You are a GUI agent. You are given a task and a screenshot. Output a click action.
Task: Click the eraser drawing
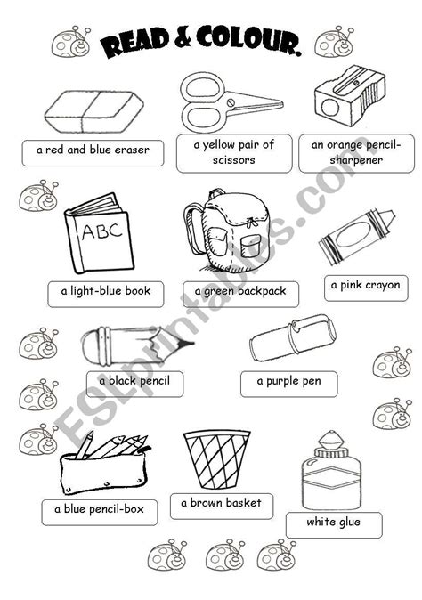click(x=93, y=114)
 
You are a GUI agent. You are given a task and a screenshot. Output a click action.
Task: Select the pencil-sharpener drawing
click(x=351, y=100)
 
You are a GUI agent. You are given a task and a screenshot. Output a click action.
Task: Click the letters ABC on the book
click(x=99, y=233)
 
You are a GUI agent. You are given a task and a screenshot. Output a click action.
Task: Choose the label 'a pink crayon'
click(x=365, y=286)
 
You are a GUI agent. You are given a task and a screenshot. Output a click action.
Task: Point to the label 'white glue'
click(x=333, y=522)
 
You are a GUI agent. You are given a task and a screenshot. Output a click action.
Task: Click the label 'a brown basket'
click(x=220, y=504)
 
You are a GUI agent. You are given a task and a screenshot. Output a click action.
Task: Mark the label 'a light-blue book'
click(x=105, y=291)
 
